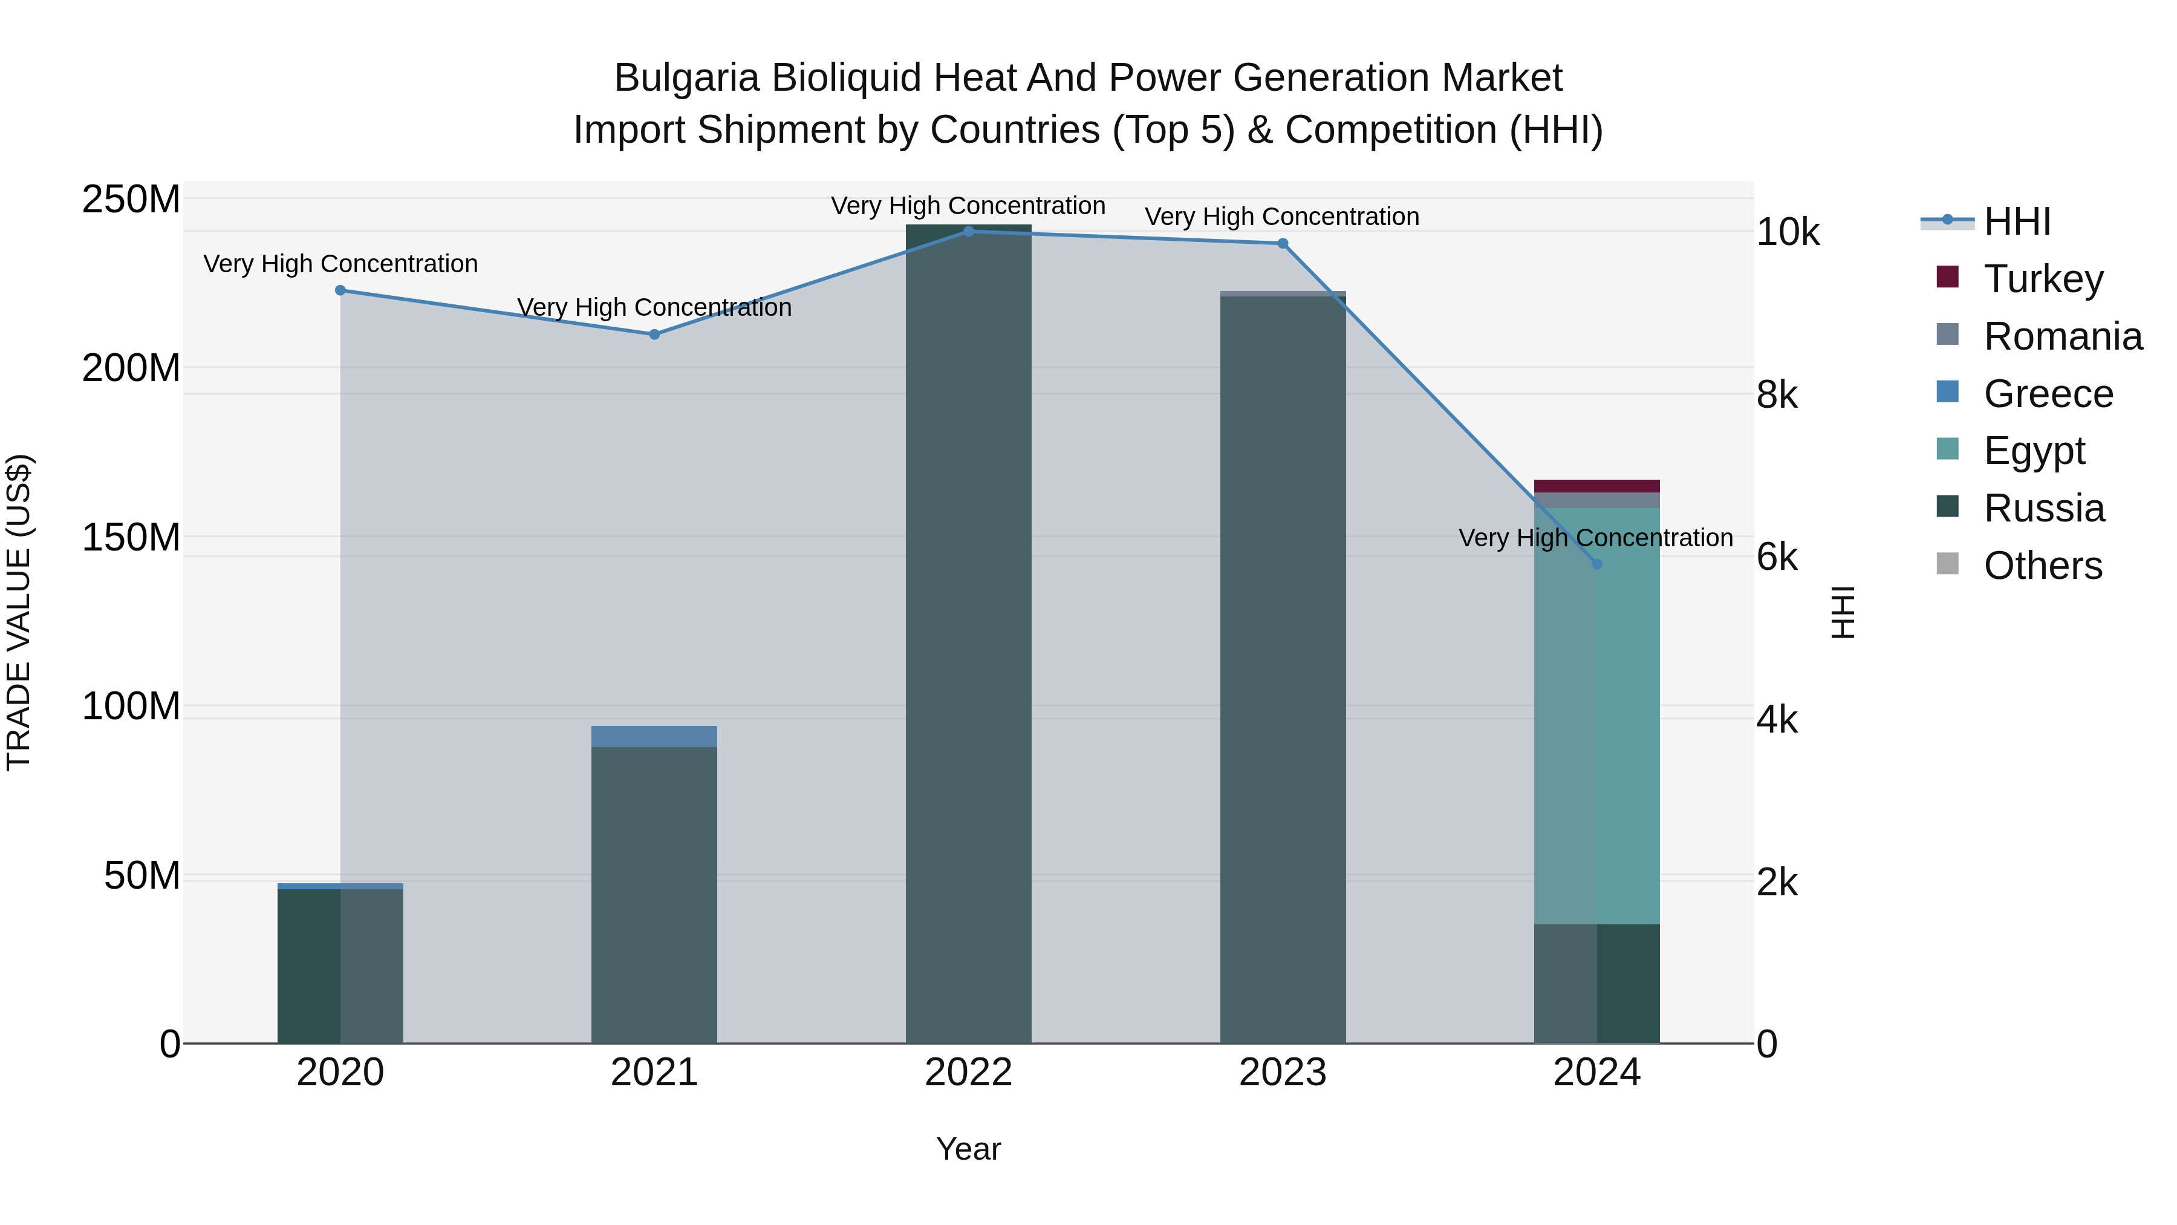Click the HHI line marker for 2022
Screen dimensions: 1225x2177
(x=969, y=232)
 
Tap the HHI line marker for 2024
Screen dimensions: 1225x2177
(x=1596, y=564)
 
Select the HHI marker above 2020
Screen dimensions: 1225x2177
(x=340, y=290)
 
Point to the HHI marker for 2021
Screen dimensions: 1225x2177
(x=654, y=334)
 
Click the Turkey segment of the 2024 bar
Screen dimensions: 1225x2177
(x=1596, y=486)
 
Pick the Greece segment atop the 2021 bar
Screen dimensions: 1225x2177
(x=654, y=736)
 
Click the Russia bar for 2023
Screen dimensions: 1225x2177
(x=1282, y=668)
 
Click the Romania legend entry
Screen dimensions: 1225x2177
(x=2062, y=336)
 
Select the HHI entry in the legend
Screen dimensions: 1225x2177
(x=2016, y=221)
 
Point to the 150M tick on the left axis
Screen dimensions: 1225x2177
(x=131, y=538)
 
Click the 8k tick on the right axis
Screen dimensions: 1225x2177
(x=1777, y=395)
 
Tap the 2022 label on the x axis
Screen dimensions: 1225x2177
(x=969, y=1073)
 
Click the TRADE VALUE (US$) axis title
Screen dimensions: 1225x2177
(x=19, y=612)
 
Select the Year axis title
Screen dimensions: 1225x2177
(x=969, y=1149)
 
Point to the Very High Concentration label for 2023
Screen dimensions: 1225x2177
(x=1281, y=217)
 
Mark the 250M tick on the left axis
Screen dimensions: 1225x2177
(x=131, y=200)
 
